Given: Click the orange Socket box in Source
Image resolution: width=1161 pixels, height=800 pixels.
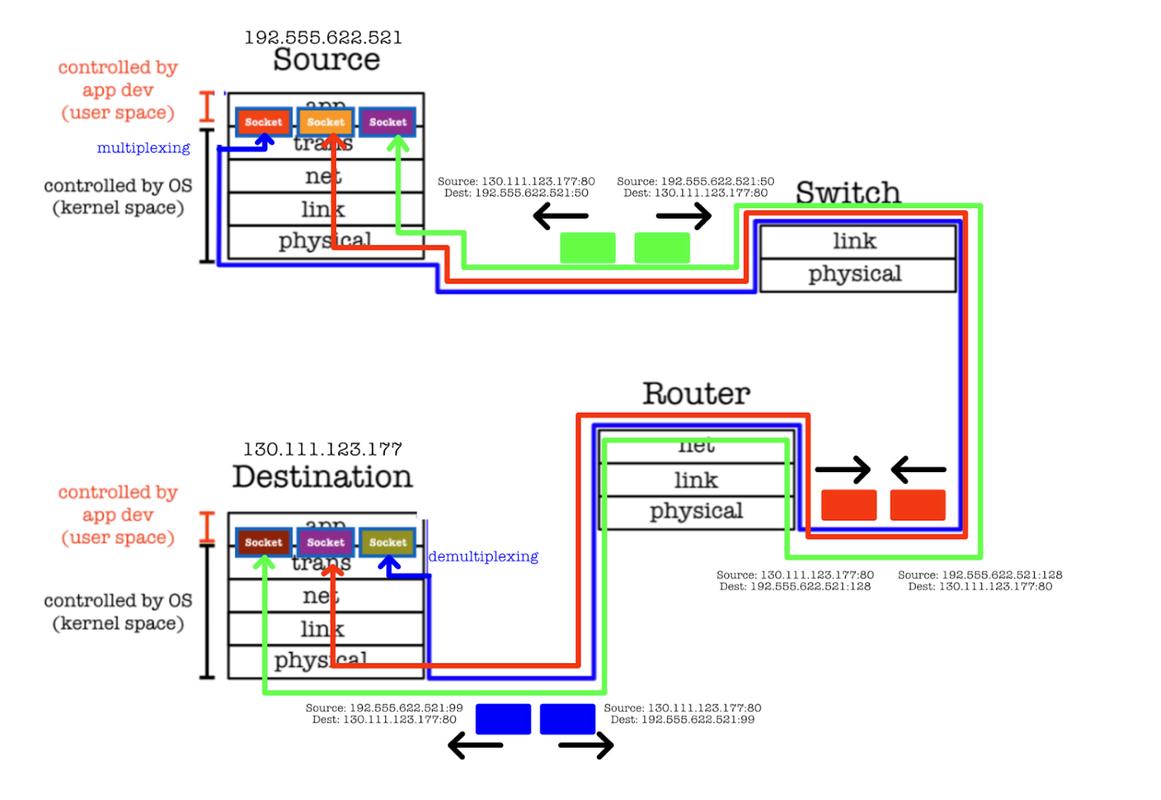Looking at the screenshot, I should [x=326, y=122].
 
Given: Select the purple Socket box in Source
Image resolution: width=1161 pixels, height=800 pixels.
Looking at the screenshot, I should [x=387, y=122].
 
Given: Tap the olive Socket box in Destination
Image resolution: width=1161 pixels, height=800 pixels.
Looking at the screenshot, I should [x=387, y=542].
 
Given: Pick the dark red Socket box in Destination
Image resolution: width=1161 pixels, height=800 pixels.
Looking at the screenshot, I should [x=263, y=542].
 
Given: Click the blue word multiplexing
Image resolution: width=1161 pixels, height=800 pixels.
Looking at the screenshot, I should [x=143, y=148].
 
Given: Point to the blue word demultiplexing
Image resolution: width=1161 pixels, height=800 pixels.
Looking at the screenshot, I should [x=483, y=556].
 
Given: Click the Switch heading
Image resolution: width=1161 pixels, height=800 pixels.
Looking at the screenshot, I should [x=847, y=193].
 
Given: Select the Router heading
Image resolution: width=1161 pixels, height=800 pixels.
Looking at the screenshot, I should [x=696, y=393].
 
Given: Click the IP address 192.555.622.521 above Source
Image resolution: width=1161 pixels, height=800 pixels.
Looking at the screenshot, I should [x=323, y=37].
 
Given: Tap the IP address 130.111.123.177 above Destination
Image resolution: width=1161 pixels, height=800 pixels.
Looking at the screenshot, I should [x=323, y=449].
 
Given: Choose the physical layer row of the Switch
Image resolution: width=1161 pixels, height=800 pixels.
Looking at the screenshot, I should [x=855, y=274].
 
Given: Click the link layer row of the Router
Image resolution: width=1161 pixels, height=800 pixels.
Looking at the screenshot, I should [x=696, y=480].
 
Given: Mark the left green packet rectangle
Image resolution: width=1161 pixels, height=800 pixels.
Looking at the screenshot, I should [x=587, y=248].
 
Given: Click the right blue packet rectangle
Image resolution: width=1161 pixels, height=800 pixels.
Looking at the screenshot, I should [x=567, y=719].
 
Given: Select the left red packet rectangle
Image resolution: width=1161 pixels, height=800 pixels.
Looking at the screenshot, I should [x=848, y=505].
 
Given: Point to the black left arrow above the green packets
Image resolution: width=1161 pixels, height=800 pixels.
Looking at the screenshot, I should [x=560, y=216].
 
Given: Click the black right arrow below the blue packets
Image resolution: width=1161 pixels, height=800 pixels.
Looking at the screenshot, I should [x=586, y=745].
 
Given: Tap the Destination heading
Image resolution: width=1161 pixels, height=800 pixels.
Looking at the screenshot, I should [x=322, y=477].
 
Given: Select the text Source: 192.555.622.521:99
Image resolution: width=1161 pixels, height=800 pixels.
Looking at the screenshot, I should [x=384, y=708].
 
